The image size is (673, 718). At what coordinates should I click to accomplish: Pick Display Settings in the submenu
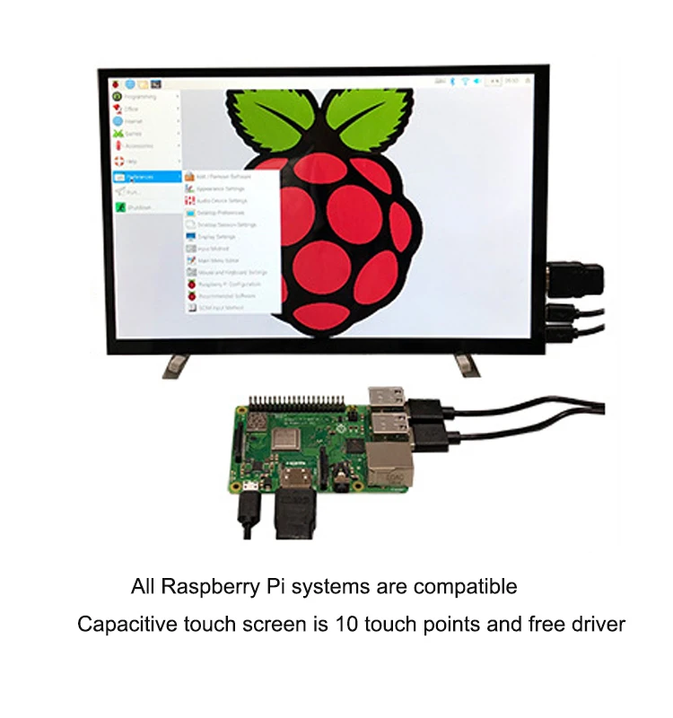point(215,236)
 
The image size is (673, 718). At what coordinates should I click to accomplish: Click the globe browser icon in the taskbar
point(130,83)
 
